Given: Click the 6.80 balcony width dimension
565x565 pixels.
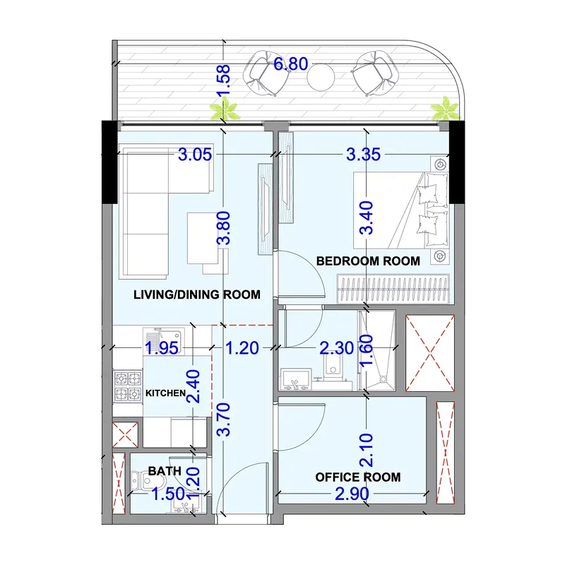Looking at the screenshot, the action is tap(291, 64).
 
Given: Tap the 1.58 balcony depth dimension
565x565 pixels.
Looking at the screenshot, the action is tap(223, 81).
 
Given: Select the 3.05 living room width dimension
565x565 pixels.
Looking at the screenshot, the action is tap(195, 155).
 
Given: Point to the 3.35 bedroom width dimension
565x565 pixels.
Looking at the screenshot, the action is tap(363, 155).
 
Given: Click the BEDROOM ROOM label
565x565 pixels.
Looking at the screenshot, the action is tap(368, 261).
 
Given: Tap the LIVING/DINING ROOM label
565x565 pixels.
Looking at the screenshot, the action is tap(197, 295).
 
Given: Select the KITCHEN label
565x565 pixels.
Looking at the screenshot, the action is tap(165, 393).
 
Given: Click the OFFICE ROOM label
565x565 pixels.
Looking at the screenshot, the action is tap(358, 477).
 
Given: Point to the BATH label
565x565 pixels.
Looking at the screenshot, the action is tap(165, 471).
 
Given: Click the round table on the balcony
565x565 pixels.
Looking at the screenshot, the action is tap(321, 77).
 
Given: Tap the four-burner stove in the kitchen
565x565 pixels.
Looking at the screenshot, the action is tap(128, 386).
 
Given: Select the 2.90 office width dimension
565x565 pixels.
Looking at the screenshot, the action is tap(352, 494).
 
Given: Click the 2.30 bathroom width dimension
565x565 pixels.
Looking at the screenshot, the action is tap(337, 348).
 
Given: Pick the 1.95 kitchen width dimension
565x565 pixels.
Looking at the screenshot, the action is tap(162, 348).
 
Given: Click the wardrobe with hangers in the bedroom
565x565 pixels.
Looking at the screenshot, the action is tap(393, 289).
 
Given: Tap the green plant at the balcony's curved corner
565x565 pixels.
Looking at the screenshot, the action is tap(445, 109).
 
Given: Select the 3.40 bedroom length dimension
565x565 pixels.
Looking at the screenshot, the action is tap(367, 218).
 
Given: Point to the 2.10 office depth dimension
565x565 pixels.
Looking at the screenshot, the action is tap(367, 451).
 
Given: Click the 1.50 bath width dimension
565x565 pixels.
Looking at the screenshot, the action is tap(168, 494).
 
